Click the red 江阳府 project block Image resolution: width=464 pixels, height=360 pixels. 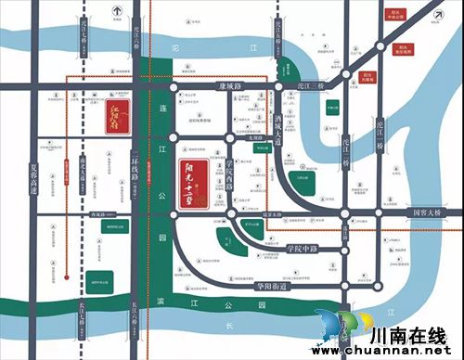[x=112, y=117]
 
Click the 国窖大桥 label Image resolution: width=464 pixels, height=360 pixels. [x=430, y=212]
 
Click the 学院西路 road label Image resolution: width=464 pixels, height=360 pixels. [x=231, y=176]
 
